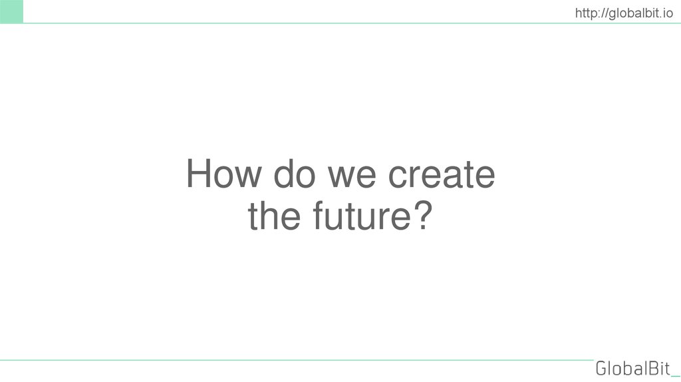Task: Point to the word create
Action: point(442,175)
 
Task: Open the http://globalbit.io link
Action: point(624,11)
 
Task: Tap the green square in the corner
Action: point(11,11)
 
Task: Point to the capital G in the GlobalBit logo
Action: point(603,368)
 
